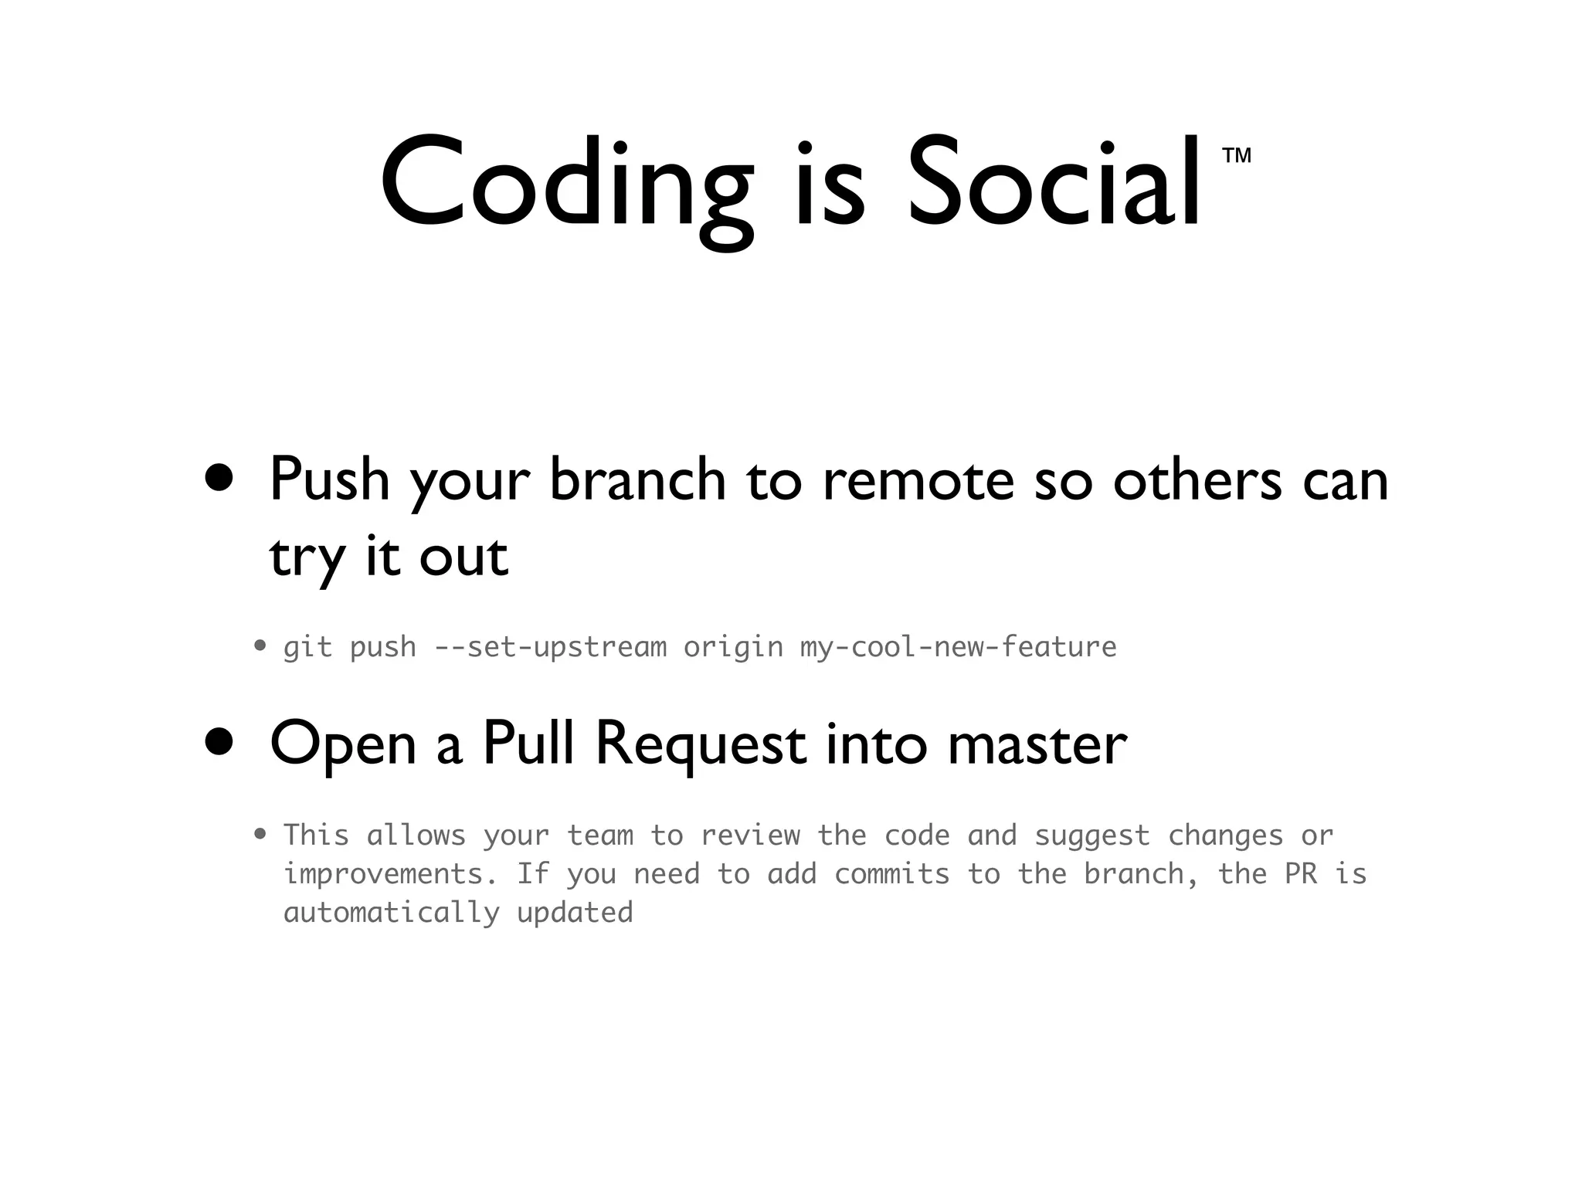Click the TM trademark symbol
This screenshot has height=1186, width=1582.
click(x=1237, y=156)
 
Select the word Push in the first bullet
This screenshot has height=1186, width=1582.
click(x=329, y=479)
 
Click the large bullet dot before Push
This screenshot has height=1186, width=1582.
click(x=219, y=478)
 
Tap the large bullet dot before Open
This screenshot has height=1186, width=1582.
click(x=219, y=742)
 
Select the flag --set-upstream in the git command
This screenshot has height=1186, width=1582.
click(x=550, y=647)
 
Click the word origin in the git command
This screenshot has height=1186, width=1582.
click(x=733, y=647)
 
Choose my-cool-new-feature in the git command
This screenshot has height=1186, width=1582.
click(x=958, y=647)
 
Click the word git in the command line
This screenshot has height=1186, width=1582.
click(x=307, y=647)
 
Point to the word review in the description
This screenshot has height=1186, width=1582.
click(x=750, y=835)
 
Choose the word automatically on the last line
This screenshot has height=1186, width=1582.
click(x=391, y=913)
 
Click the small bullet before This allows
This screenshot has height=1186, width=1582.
click(x=260, y=834)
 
